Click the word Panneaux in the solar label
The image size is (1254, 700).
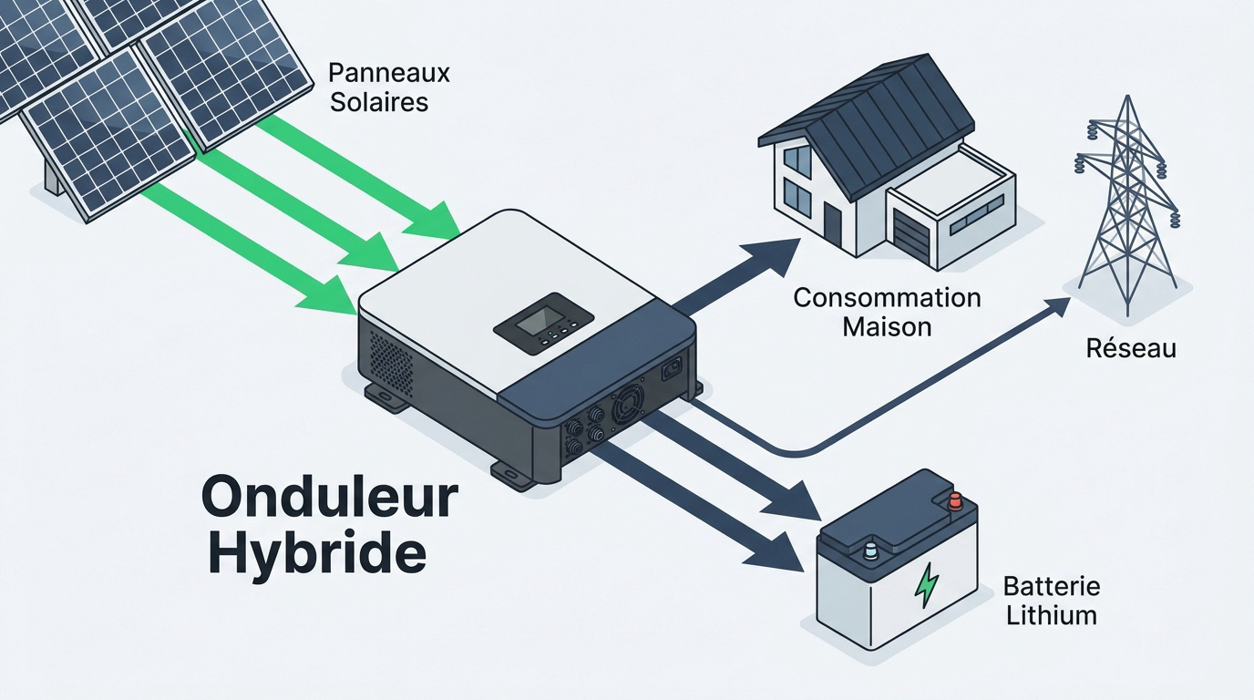tap(389, 73)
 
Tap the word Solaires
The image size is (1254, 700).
tap(379, 102)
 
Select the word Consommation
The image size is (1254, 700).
tap(888, 298)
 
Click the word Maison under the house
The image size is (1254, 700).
tap(888, 326)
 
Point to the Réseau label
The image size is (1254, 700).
tap(1131, 348)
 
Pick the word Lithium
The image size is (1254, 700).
tap(1052, 615)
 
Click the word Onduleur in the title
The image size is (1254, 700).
tap(330, 498)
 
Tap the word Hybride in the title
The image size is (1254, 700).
tap(318, 554)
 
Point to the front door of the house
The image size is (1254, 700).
tap(832, 221)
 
